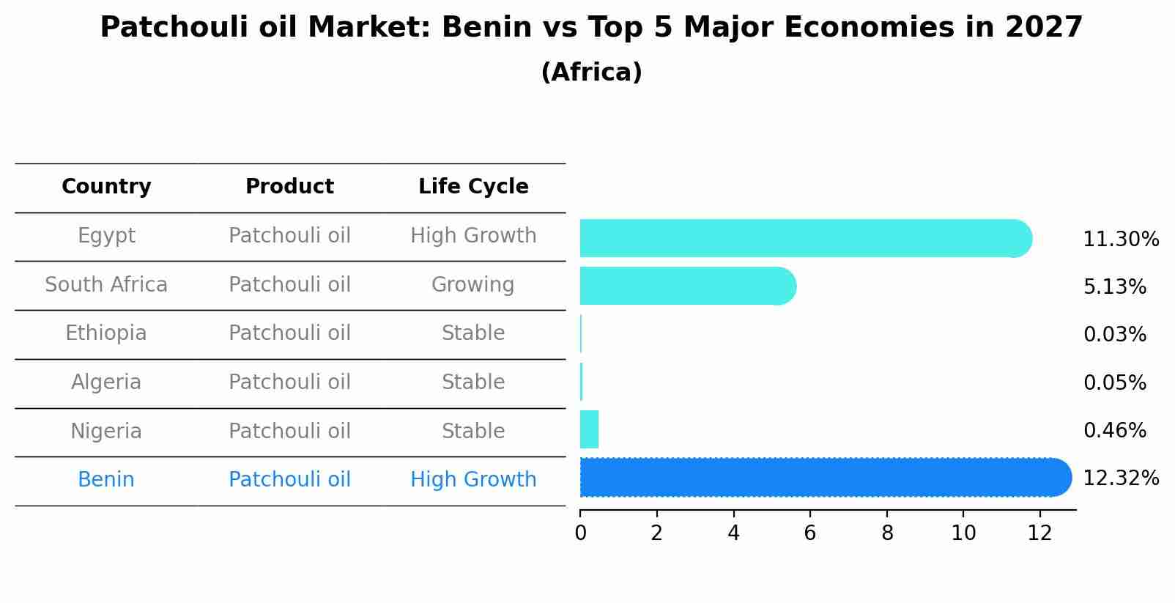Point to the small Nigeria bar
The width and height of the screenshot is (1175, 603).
[x=589, y=429]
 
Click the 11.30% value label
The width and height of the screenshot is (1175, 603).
[x=1120, y=240]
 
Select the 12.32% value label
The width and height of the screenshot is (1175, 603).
[x=1120, y=478]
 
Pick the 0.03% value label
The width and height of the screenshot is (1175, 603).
[x=1114, y=335]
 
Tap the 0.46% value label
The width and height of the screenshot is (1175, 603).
[x=1114, y=431]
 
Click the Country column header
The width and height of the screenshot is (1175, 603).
[x=106, y=187]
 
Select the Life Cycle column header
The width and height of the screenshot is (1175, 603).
[x=473, y=187]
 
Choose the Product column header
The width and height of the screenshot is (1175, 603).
[x=289, y=187]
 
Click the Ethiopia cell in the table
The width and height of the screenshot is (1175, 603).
[x=106, y=333]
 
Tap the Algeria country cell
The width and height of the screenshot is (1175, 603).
[x=106, y=382]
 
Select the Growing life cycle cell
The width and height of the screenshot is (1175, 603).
[x=473, y=284]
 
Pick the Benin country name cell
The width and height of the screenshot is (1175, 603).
[x=106, y=480]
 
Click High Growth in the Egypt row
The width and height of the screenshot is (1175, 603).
[x=473, y=236]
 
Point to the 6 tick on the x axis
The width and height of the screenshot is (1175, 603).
[x=809, y=533]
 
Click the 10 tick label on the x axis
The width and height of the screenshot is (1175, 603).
[x=963, y=533]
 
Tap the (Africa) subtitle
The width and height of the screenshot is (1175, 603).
[x=591, y=73]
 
